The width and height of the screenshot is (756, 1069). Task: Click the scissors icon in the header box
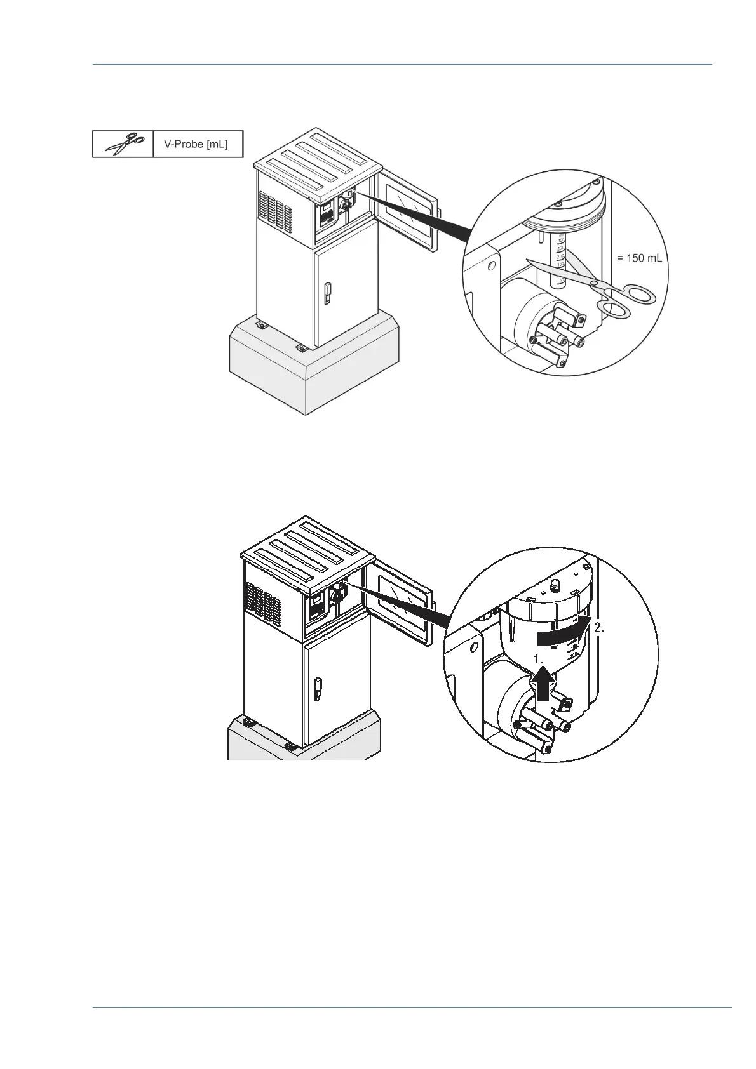123,144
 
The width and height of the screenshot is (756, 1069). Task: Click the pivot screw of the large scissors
593,283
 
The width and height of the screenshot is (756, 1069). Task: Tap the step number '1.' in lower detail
539,659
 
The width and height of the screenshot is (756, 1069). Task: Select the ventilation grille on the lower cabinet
262,604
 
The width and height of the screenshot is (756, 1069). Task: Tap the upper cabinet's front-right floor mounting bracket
300,348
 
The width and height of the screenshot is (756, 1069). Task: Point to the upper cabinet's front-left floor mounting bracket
260,326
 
